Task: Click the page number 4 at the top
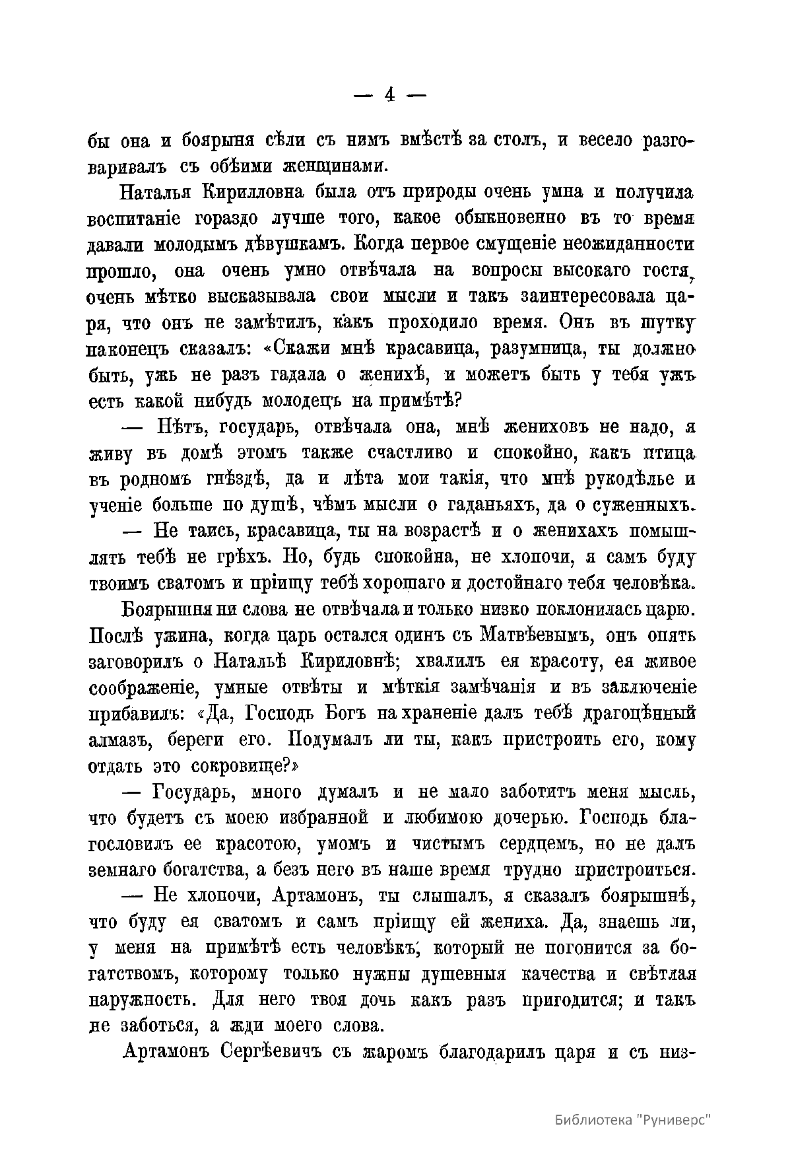click(x=389, y=96)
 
